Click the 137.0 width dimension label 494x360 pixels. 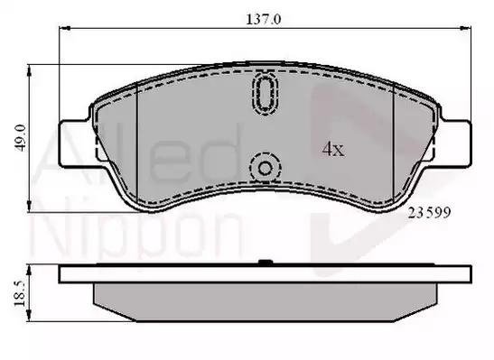263,20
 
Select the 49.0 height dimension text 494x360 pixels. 21,138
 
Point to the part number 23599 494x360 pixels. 429,213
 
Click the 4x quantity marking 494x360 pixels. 333,149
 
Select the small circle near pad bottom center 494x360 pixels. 265,169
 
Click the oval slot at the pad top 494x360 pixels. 265,93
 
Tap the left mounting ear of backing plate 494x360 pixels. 77,143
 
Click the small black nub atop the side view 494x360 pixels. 266,262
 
